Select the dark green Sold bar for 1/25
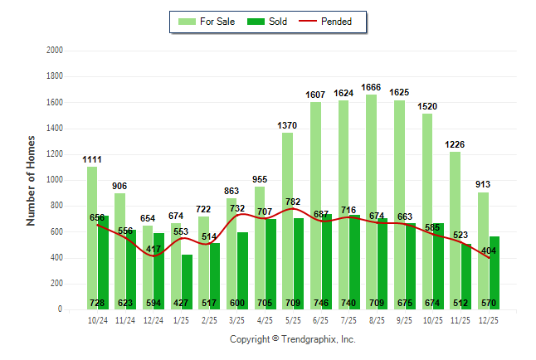point(187,282)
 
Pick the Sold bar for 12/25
point(495,274)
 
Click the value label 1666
point(371,87)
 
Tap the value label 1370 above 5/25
point(287,125)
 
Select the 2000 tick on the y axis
point(55,51)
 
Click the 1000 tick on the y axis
point(55,180)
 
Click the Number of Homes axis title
point(31,180)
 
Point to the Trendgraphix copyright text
point(292,339)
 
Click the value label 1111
point(92,159)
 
